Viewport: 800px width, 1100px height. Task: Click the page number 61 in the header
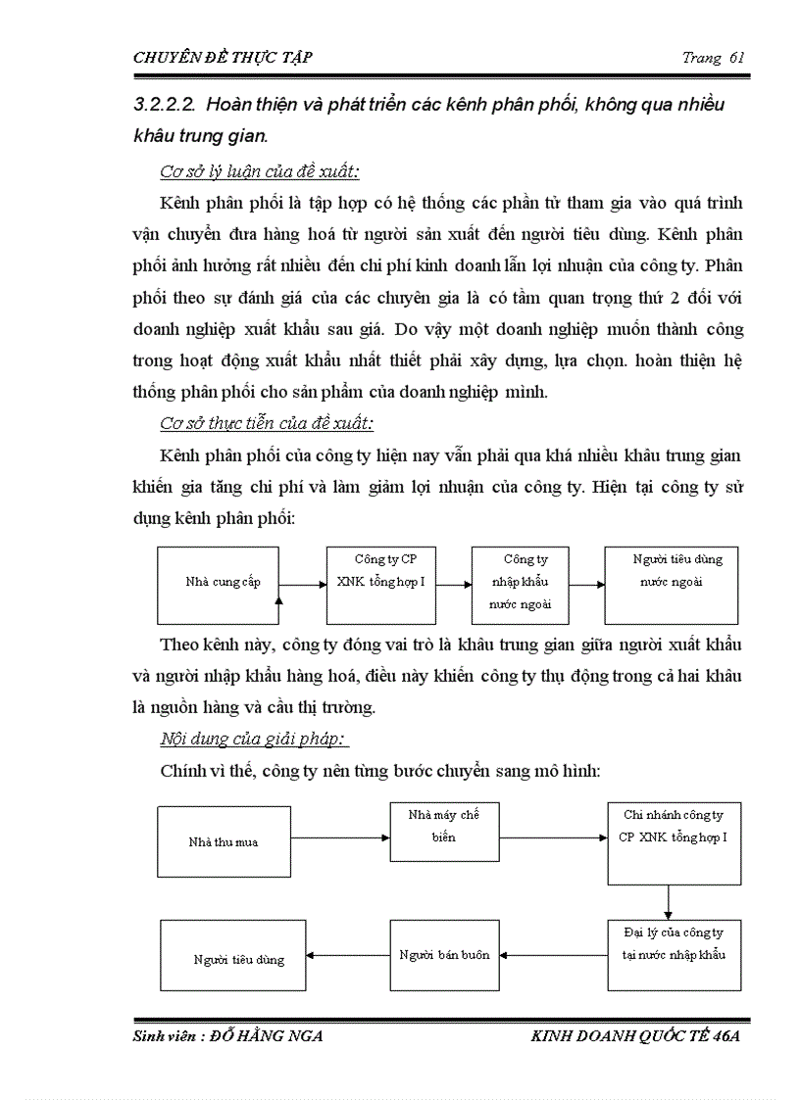point(738,57)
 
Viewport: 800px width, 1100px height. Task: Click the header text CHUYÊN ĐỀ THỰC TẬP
point(223,57)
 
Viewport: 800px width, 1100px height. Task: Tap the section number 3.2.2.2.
point(171,105)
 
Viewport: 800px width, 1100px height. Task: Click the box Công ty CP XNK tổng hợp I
point(380,585)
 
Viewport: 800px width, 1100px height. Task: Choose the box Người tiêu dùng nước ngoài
point(671,585)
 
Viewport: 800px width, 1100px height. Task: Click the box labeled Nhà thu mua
point(225,841)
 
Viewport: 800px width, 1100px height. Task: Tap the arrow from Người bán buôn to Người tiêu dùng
point(350,955)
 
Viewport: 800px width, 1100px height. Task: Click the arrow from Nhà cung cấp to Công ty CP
point(303,586)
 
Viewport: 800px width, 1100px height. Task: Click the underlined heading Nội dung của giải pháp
point(254,738)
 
